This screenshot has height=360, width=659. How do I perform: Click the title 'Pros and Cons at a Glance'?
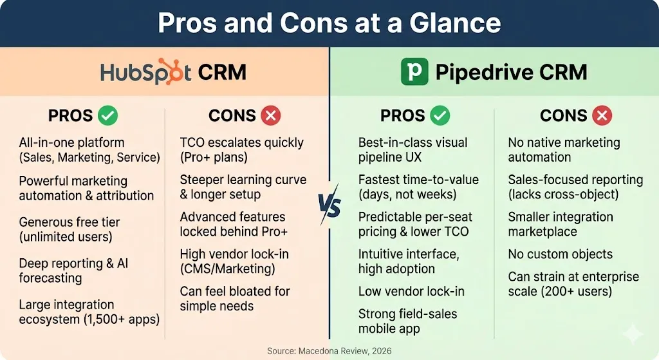329,23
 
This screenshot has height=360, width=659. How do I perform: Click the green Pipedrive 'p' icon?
414,72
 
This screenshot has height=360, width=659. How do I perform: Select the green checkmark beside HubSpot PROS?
108,116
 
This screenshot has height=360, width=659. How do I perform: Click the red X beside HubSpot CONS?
271,116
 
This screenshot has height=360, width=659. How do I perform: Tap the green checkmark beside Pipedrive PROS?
440,116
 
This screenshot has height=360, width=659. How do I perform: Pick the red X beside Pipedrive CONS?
602,116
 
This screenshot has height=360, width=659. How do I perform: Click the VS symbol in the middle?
329,205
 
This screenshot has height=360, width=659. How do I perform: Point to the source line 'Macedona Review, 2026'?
345,351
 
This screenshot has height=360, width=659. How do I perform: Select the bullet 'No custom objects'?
561,254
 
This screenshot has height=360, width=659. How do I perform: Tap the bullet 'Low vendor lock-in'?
411,292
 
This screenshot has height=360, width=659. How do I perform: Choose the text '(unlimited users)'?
66,237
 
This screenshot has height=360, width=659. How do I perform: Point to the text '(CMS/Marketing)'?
227,269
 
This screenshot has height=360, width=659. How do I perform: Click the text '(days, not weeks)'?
407,194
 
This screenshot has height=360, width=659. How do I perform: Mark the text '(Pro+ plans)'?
214,157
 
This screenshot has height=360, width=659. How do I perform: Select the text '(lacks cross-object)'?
563,194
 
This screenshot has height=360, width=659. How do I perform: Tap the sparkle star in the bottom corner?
633,334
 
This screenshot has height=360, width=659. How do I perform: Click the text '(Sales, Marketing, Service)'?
89,157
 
